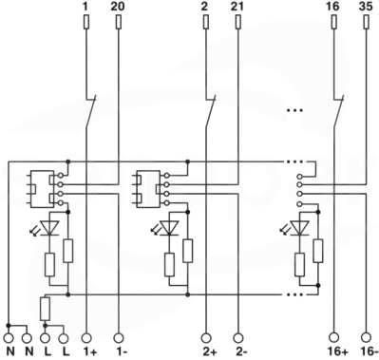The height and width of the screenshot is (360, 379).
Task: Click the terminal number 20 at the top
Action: pos(118,7)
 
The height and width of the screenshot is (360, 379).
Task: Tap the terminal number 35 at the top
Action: pos(366,7)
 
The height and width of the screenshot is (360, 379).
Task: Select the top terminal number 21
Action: pos(237,7)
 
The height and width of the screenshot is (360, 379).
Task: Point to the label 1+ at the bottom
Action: pos(89,351)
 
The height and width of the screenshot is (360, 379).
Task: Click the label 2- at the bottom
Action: pos(240,351)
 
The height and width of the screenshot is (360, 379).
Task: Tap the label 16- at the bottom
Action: pos(369,351)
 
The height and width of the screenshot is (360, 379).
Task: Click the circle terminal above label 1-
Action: pos(119,337)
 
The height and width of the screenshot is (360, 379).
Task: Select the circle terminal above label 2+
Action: pos(206,337)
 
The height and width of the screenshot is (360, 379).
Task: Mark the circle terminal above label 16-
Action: pos(367,337)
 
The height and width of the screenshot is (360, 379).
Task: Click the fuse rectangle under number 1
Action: pos(86,23)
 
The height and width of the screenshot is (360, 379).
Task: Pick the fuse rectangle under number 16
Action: pos(333,23)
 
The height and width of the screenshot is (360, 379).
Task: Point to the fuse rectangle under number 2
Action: pos(205,23)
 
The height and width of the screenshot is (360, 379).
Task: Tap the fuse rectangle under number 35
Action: pos(367,23)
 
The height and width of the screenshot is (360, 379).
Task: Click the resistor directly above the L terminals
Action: pos(45,309)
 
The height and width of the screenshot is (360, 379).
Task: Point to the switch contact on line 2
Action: pos(210,111)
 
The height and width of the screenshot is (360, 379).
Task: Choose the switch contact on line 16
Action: pos(338,111)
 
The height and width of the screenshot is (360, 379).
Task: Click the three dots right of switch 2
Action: pos(294,110)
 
